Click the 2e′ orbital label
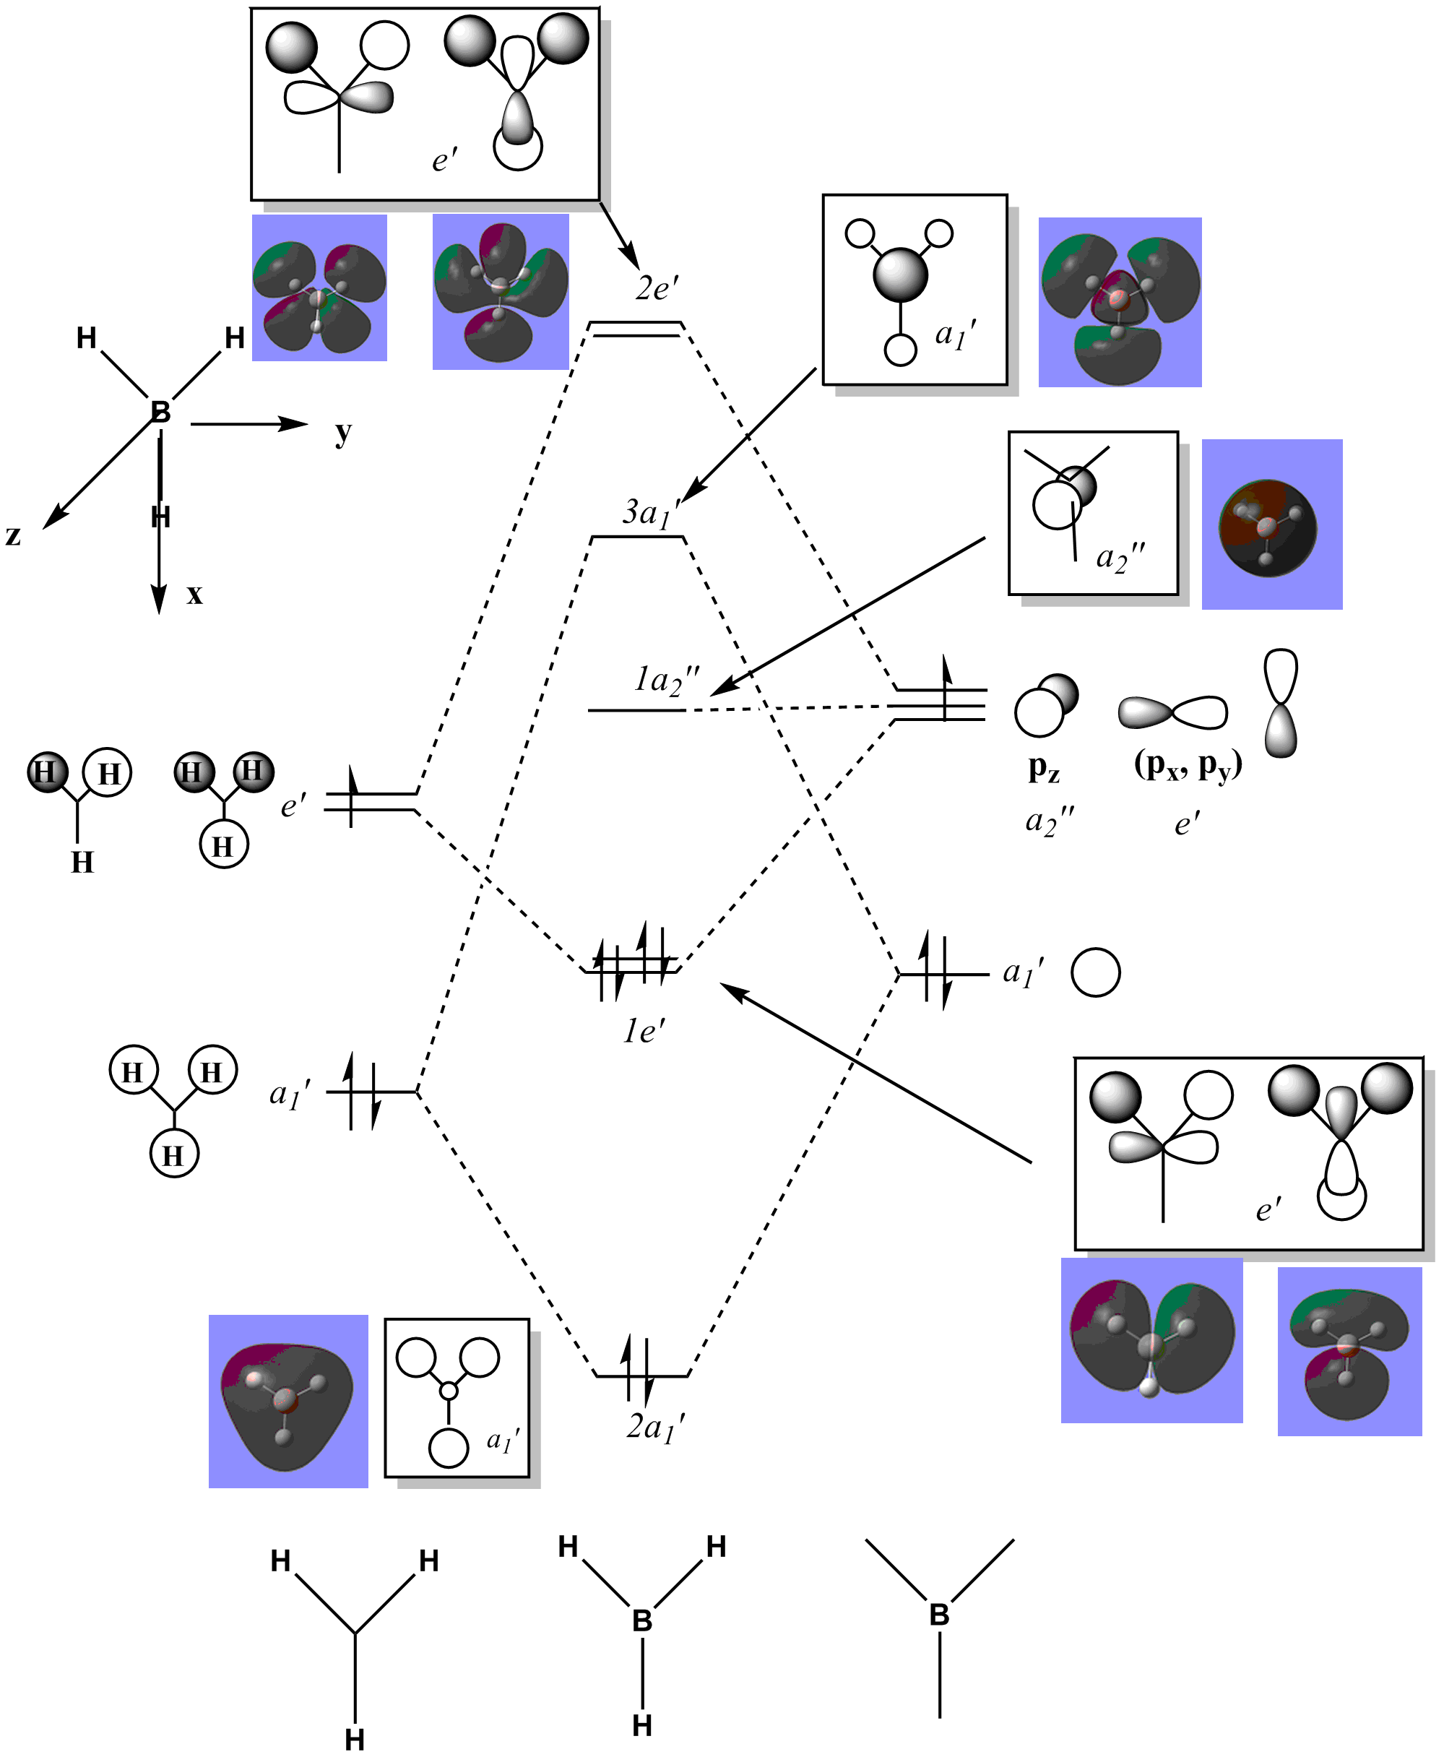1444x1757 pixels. tap(657, 288)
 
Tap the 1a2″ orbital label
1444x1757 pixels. tap(666, 681)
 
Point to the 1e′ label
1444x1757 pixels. tap(644, 1031)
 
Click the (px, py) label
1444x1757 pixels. tap(1188, 765)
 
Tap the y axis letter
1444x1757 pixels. tap(342, 433)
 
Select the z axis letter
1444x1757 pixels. tap(13, 536)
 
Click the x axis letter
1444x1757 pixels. tap(194, 594)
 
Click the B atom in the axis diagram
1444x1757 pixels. tap(160, 412)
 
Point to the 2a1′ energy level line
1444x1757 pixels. tap(642, 1376)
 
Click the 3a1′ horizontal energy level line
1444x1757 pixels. tap(637, 538)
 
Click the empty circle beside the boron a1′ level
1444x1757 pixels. tap(1096, 972)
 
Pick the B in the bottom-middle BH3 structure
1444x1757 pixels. tap(642, 1620)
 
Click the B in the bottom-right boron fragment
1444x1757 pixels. tap(939, 1615)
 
